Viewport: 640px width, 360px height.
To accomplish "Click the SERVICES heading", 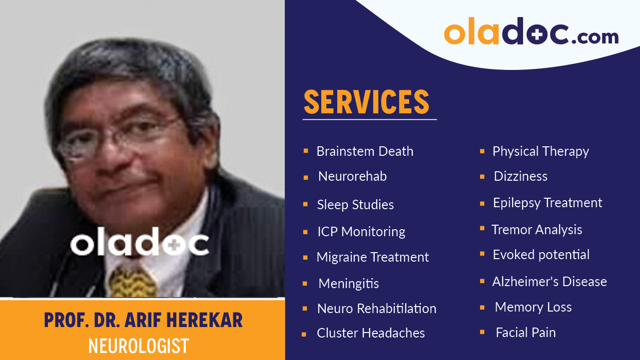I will (366, 102).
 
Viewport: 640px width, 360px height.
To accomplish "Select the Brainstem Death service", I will (365, 151).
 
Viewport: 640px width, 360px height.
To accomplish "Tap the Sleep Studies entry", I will (355, 205).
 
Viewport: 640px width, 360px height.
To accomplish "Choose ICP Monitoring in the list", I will (361, 232).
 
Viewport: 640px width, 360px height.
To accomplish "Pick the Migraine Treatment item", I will (373, 257).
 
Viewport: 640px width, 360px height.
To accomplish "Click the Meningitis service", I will (348, 284).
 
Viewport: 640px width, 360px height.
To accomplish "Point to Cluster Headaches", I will (371, 333).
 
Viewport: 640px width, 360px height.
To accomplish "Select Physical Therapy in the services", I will (541, 151).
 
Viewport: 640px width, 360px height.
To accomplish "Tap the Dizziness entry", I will (521, 176).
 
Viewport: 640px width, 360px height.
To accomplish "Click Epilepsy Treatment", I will (548, 203).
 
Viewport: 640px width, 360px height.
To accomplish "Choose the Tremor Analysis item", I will (537, 230).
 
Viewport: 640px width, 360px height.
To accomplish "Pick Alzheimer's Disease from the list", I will (550, 282).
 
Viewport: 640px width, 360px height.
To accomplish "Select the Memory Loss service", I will (533, 307).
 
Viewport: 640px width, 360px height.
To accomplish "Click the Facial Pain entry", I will (526, 333).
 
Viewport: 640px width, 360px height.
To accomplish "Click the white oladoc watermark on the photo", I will (139, 244).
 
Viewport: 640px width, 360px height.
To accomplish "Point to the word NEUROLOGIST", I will (138, 346).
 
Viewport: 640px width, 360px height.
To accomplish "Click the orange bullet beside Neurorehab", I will (305, 177).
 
